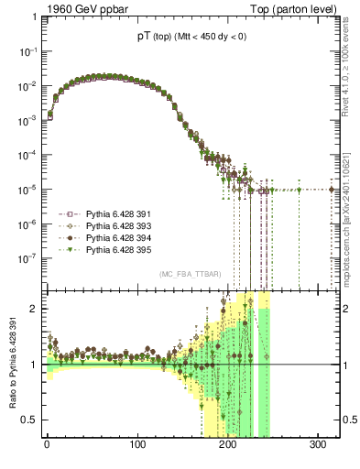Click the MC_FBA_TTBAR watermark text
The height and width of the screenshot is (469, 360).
tap(189, 275)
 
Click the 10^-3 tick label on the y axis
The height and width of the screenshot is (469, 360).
tap(27, 121)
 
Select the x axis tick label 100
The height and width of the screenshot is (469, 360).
tap(137, 445)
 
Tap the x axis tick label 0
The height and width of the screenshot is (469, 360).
tap(47, 445)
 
